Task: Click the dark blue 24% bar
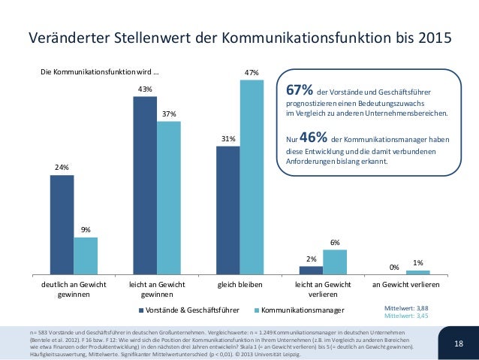click(x=62, y=225)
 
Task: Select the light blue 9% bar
click(x=86, y=256)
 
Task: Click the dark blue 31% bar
click(x=227, y=210)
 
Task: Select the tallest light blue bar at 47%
click(x=252, y=177)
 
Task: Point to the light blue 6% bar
click(x=335, y=262)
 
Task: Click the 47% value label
click(x=252, y=73)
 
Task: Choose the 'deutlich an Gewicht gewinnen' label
click(x=74, y=290)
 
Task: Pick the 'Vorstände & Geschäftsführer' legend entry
click(x=188, y=310)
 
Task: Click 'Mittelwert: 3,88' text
click(x=406, y=308)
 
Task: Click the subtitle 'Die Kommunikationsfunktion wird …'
click(x=99, y=73)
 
